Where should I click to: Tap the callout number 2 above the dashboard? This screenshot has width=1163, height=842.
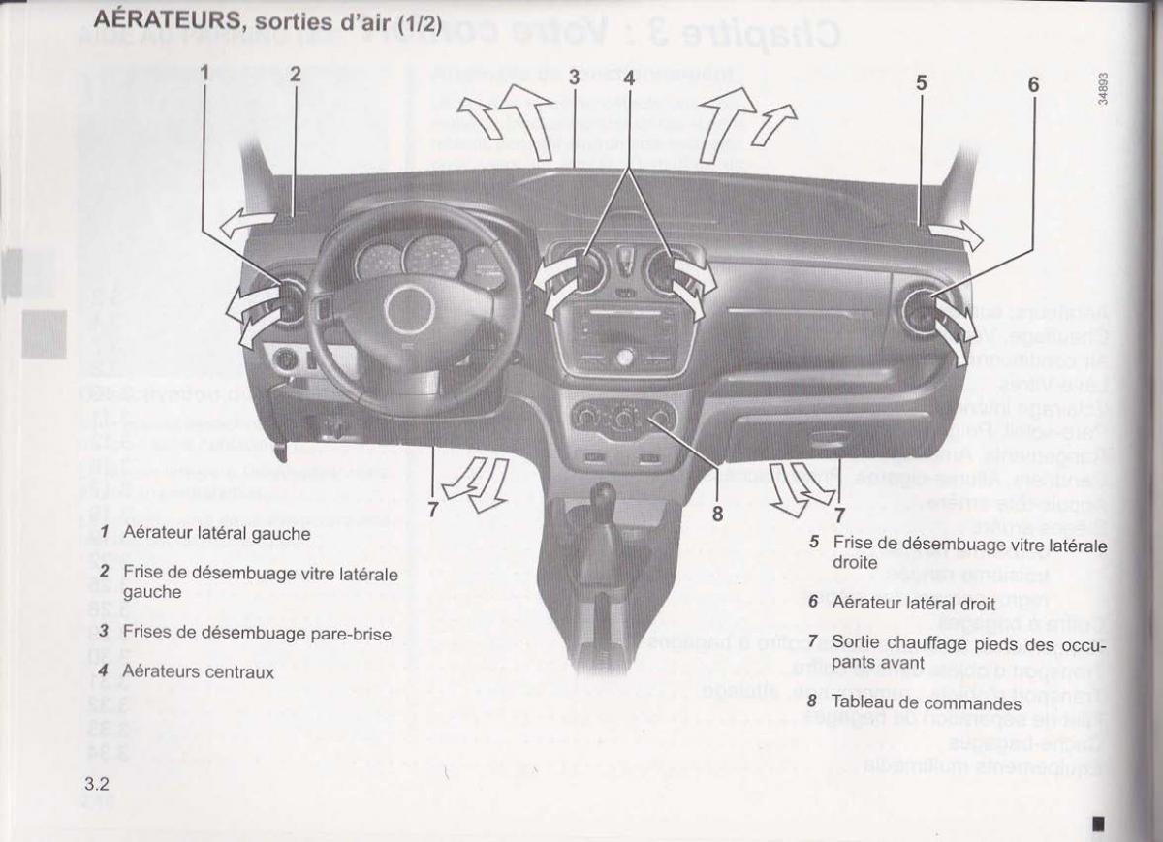coord(295,73)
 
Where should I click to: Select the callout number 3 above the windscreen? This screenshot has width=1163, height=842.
coord(574,78)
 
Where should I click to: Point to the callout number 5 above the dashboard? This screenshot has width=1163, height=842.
coord(921,84)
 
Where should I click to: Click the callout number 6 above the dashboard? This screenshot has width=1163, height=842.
coord(1033,85)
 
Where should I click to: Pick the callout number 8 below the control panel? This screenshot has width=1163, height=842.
coord(717,515)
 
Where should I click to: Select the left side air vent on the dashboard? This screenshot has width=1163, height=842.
coord(288,300)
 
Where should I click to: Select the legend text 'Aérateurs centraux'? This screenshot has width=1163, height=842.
coord(199,670)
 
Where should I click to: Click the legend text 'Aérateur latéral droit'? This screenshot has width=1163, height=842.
coord(899,602)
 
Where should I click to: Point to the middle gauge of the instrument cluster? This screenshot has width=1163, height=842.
coord(431,257)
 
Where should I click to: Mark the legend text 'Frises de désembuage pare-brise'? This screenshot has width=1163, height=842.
coord(257,633)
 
